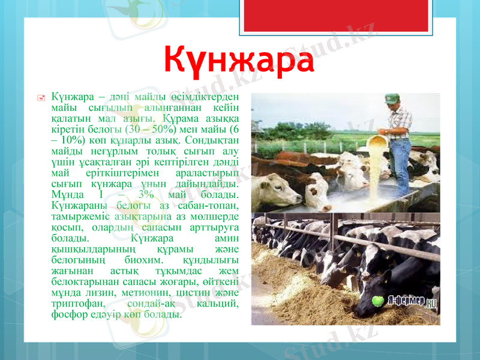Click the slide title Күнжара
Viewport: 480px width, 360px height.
pyautogui.click(x=239, y=61)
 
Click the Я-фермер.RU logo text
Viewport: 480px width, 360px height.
pyautogui.click(x=415, y=299)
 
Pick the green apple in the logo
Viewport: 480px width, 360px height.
pyautogui.click(x=379, y=299)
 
